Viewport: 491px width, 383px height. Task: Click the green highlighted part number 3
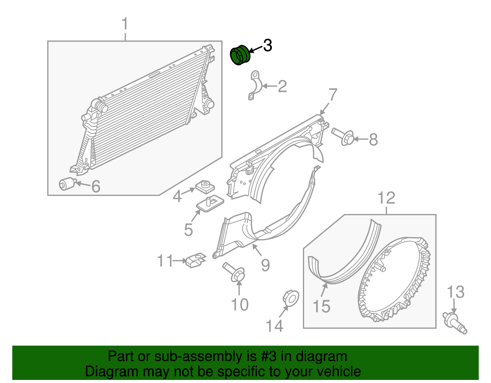coord(240,55)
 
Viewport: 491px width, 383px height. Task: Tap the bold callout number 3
coord(268,46)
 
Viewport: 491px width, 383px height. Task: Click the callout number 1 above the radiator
coord(125,24)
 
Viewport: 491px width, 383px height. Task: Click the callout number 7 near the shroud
coord(333,95)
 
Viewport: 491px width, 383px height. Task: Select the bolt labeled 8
coord(343,137)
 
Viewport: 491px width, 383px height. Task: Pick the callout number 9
coord(265,265)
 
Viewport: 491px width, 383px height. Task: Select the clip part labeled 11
coord(195,260)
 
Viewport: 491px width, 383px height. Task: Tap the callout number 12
coord(386,198)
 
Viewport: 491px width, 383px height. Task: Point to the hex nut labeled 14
coord(290,297)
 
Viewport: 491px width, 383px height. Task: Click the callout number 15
coord(321,306)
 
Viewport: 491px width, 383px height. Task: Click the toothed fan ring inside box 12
coord(394,279)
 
